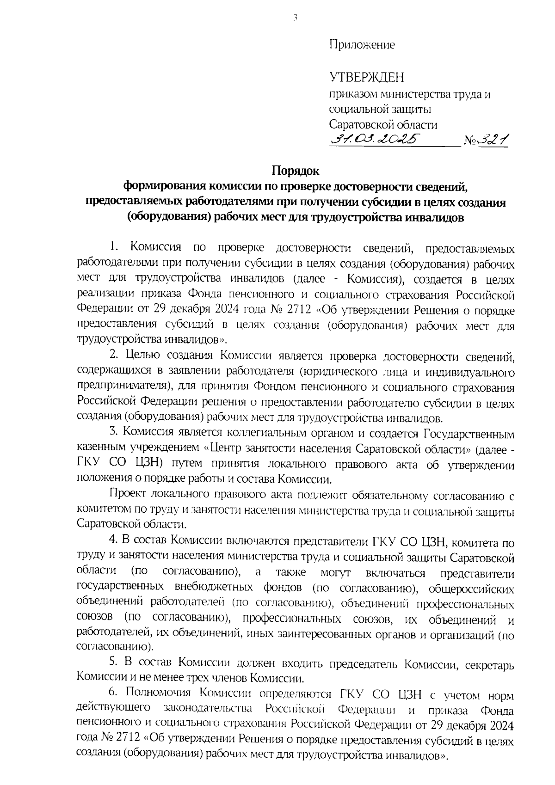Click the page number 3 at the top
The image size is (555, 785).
pyautogui.click(x=295, y=18)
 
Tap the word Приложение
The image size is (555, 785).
pyautogui.click(x=362, y=45)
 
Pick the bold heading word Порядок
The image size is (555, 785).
pyautogui.click(x=295, y=171)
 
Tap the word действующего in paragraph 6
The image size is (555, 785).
pyautogui.click(x=114, y=709)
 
